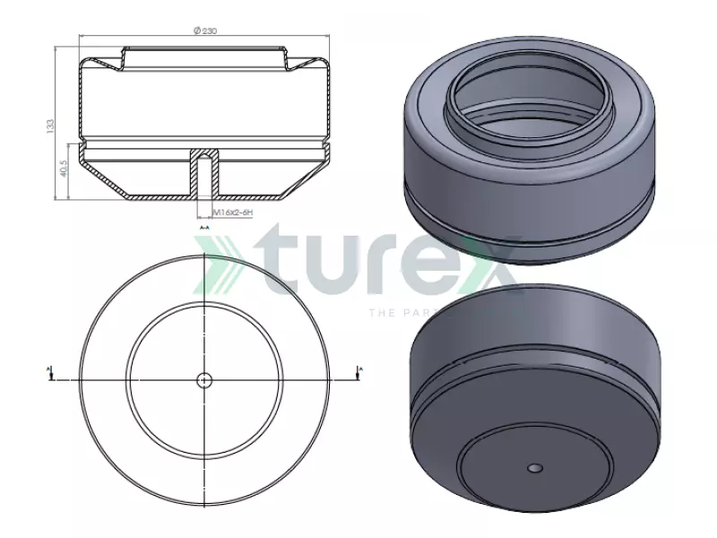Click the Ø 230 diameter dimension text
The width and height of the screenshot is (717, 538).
pos(205,31)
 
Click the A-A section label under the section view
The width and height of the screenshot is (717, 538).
pos(204,229)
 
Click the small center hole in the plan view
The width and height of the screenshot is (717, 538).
pos(204,379)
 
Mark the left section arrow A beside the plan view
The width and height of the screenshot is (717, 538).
pos(48,372)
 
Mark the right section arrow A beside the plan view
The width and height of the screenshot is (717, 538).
pos(360,372)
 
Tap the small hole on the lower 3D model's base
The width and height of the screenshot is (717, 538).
pos(535,467)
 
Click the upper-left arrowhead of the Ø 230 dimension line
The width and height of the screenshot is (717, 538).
pos(82,37)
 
